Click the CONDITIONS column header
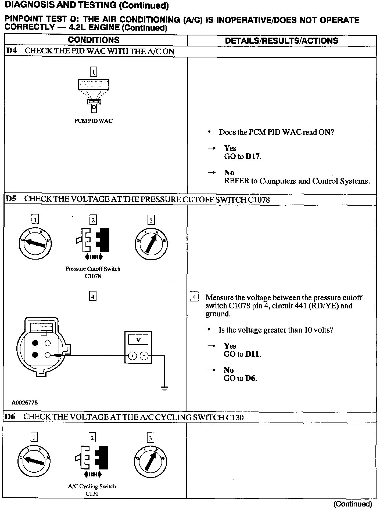94,40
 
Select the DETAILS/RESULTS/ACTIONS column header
281,41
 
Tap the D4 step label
11,51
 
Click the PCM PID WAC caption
93,121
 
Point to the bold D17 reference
253,156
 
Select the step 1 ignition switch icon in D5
35,244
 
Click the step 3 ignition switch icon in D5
151,244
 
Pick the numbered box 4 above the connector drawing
93,296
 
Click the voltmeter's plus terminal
132,356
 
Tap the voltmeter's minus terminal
144,356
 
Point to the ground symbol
164,388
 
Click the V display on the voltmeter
138,340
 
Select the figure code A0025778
25,402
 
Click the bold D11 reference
252,354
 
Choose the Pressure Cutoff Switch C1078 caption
93,272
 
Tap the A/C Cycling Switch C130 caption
92,490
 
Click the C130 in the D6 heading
235,417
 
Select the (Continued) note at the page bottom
352,504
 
